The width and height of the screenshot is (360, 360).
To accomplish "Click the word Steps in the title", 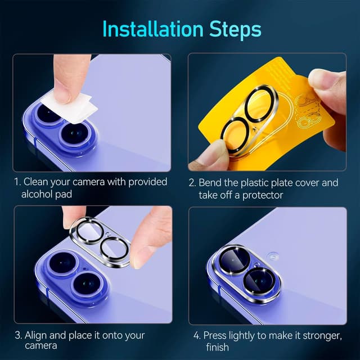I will coord(232,29).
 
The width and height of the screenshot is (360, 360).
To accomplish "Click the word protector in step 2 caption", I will coord(265,195).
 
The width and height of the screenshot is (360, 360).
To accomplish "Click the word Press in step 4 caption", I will coord(214,335).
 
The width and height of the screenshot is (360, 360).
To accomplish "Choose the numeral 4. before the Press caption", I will coord(196,335).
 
